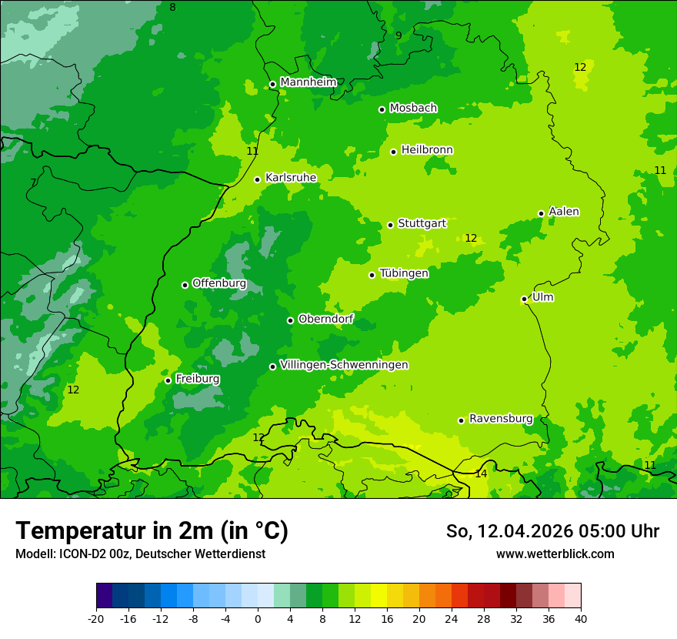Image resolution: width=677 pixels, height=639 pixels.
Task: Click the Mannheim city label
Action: pyautogui.click(x=308, y=82)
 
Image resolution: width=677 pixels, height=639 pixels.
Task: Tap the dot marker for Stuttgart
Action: pyautogui.click(x=390, y=225)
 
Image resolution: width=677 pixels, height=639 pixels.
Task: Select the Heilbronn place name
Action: pyautogui.click(x=426, y=150)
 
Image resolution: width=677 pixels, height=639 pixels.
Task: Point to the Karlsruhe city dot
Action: pyautogui.click(x=257, y=179)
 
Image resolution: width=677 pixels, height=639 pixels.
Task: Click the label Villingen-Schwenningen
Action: pyautogui.click(x=344, y=365)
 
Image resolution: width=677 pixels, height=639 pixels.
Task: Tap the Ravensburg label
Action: pyautogui.click(x=500, y=419)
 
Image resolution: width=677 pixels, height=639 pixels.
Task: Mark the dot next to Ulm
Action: pyautogui.click(x=524, y=299)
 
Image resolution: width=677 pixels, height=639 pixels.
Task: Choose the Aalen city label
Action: pyautogui.click(x=563, y=212)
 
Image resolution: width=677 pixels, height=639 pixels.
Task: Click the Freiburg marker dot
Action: pyautogui.click(x=168, y=380)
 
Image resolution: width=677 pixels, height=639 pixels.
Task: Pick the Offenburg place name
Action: pyautogui.click(x=218, y=283)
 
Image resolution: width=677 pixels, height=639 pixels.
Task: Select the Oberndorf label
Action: pyautogui.click(x=325, y=319)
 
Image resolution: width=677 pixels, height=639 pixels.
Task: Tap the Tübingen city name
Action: pyautogui.click(x=403, y=273)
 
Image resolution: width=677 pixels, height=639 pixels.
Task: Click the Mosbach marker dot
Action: pyautogui.click(x=382, y=109)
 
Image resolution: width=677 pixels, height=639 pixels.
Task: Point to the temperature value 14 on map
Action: pyautogui.click(x=481, y=474)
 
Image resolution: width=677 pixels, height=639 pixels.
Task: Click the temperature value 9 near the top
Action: pyautogui.click(x=399, y=35)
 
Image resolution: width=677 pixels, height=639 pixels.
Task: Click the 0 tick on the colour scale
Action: pyautogui.click(x=258, y=619)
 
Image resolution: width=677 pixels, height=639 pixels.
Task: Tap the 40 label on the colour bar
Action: pyautogui.click(x=581, y=619)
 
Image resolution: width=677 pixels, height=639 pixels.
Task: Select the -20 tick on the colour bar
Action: pyautogui.click(x=96, y=619)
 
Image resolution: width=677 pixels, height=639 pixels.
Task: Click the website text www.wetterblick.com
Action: pyautogui.click(x=555, y=554)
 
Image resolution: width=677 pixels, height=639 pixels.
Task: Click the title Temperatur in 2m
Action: pyautogui.click(x=152, y=531)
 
